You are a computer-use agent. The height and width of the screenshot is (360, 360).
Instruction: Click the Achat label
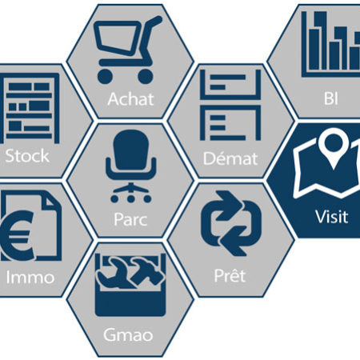point(130,99)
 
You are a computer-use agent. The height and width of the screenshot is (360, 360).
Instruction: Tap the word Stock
point(27,156)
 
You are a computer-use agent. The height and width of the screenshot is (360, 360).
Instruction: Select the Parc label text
point(130,219)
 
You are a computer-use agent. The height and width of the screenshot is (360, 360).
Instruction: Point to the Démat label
point(230,158)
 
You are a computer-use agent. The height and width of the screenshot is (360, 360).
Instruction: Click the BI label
point(331,98)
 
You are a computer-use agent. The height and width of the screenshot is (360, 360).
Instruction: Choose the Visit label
point(332,216)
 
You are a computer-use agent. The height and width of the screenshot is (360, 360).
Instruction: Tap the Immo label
point(30,278)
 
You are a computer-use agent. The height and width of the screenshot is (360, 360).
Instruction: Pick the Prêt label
point(230,274)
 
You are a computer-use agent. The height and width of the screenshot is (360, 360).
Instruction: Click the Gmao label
point(128,334)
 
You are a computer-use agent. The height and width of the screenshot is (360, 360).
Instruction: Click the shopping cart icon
point(127,50)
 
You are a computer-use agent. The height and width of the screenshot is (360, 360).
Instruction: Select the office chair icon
point(130,166)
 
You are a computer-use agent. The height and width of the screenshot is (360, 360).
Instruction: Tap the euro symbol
point(18,235)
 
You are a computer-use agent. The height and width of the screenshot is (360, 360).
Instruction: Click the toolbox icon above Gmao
point(130,285)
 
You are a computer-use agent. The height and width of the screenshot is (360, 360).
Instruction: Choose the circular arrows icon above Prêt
point(231,223)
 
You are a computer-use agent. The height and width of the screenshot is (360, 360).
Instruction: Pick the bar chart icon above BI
point(330,44)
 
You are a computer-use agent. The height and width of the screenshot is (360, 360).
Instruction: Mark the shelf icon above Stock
point(30,108)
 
